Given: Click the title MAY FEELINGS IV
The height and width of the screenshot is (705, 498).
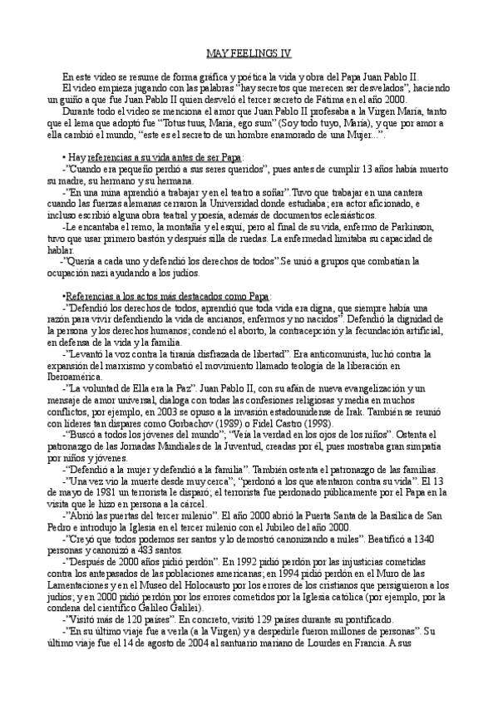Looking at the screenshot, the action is tap(248, 52).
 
